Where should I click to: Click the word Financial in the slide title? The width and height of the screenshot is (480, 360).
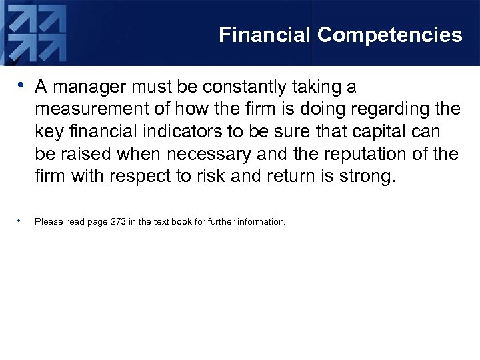click(x=265, y=35)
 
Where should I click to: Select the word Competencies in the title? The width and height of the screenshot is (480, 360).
click(x=389, y=35)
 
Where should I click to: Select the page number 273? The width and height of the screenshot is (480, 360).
click(x=117, y=221)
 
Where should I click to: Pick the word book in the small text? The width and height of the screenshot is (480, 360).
click(x=181, y=221)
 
